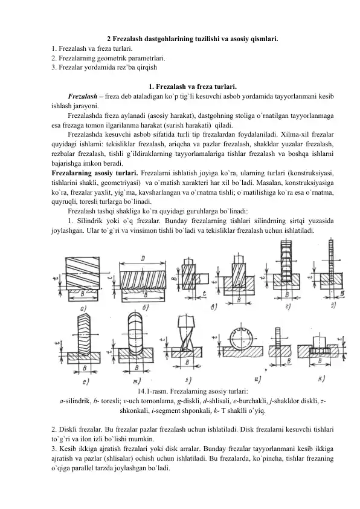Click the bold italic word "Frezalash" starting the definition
coord(83,96)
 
